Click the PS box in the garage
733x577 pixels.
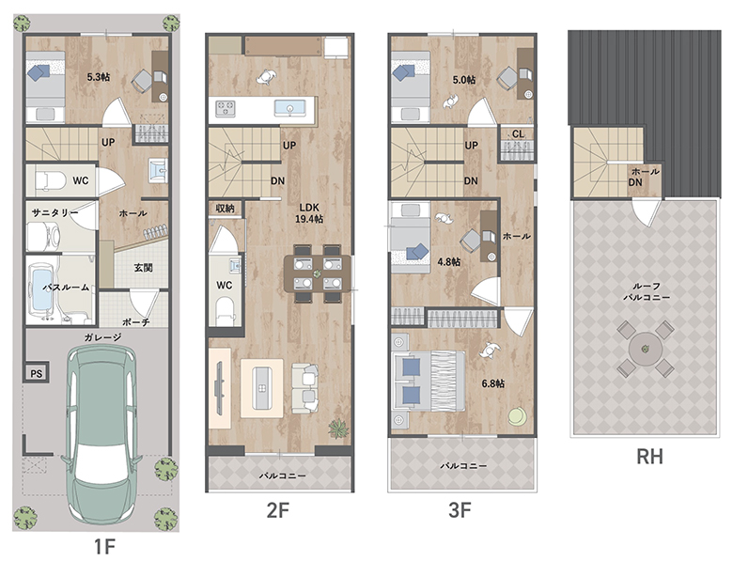36,373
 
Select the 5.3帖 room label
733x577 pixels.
99,77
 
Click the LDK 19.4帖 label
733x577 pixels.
309,212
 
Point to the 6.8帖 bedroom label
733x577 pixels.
493,383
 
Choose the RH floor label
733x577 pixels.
649,457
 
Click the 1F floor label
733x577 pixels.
104,546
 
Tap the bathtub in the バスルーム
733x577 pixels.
44,289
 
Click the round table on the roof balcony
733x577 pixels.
645,349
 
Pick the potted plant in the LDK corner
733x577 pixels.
337,429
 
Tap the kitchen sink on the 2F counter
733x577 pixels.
289,108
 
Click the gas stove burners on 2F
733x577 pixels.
226,108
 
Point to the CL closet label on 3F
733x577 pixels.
518,134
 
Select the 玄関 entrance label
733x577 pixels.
143,268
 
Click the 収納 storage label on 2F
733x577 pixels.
225,208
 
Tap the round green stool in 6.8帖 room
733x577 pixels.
518,417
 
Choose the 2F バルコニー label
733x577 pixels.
282,476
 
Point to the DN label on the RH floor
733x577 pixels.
635,182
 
